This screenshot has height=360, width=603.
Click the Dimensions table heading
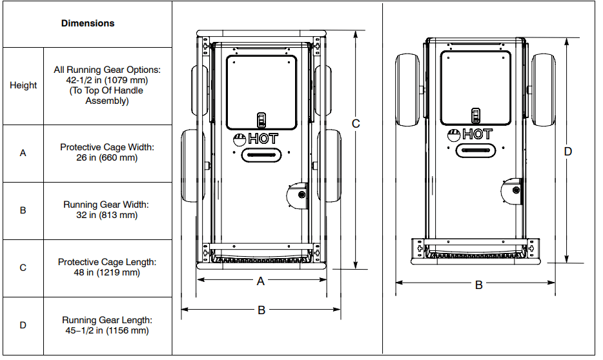click(x=88, y=23)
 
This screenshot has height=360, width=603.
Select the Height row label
click(x=23, y=85)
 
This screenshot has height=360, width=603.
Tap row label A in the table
click(x=23, y=154)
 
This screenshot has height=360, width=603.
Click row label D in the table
click(x=23, y=325)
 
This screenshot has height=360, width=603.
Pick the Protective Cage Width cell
click(x=107, y=152)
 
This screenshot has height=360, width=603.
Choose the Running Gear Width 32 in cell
click(x=107, y=210)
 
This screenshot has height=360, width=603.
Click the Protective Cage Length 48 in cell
click(x=107, y=267)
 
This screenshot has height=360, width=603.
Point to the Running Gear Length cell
click(x=107, y=325)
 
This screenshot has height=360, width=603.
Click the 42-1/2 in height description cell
click(x=107, y=85)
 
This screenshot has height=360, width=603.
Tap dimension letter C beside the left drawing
click(x=356, y=123)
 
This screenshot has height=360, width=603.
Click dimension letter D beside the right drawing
click(x=568, y=152)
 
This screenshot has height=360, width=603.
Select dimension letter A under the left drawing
click(x=261, y=281)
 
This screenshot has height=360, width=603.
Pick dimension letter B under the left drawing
click(x=261, y=310)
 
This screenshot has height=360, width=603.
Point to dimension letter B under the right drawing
click(x=479, y=285)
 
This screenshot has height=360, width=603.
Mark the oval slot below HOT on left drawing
click(x=261, y=155)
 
